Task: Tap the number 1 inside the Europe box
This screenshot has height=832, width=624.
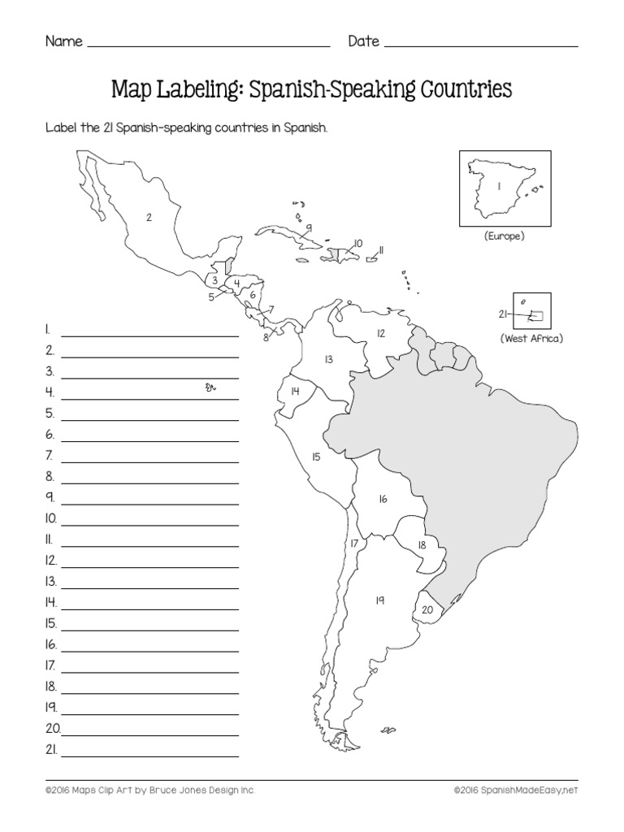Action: (x=499, y=186)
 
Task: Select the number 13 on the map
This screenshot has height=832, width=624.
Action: (x=328, y=358)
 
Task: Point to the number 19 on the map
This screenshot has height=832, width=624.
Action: (x=379, y=600)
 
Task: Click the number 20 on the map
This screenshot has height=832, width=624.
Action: (x=427, y=611)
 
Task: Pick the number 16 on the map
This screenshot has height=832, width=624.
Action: (x=382, y=500)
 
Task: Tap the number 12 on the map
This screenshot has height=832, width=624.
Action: (x=380, y=332)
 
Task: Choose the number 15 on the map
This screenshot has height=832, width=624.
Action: (x=316, y=457)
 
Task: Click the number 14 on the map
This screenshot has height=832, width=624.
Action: (x=296, y=392)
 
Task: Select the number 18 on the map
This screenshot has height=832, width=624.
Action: (x=422, y=545)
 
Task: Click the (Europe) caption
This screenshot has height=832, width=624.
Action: (x=502, y=236)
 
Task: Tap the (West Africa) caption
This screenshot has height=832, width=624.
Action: (x=531, y=338)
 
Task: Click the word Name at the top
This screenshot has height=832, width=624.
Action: (x=63, y=41)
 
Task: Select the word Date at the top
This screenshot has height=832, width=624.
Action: (x=364, y=41)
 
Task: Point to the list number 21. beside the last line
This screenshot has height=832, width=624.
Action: (x=50, y=750)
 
